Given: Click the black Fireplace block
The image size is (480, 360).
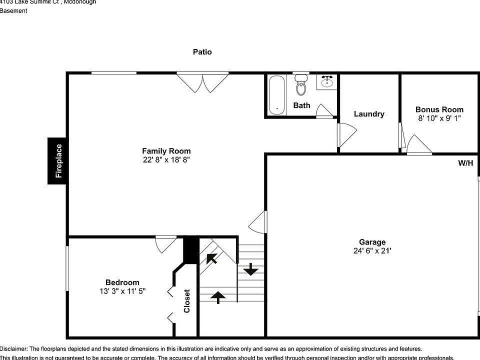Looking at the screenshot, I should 57,160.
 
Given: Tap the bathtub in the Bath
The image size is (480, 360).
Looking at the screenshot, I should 276,94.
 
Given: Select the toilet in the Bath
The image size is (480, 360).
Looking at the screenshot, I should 300,85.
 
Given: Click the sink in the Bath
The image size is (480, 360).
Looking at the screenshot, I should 327,81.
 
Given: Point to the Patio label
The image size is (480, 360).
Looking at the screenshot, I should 202,52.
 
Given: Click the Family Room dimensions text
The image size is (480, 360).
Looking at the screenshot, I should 166,160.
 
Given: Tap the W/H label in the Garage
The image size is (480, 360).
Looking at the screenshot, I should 465,163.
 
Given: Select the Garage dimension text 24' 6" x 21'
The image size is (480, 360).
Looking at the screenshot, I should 372,251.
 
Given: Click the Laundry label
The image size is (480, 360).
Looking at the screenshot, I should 369,114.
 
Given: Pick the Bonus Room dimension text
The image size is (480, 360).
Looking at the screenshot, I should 439,118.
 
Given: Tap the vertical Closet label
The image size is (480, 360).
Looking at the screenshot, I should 187,301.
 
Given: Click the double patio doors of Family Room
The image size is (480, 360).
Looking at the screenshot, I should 202,81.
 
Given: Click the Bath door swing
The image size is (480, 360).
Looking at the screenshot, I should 324,111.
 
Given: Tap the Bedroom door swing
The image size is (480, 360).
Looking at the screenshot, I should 165,243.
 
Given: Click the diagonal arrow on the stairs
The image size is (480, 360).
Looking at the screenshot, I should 211,258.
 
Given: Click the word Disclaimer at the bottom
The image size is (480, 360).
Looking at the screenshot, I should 14,348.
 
